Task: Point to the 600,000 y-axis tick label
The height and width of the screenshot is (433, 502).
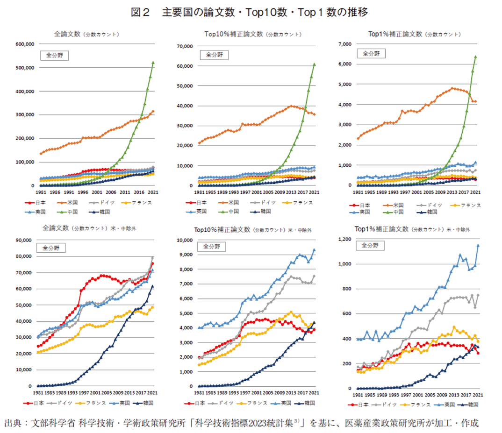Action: pyautogui.click(x=25, y=44)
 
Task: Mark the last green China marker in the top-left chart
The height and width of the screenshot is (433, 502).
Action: pyautogui.click(x=153, y=63)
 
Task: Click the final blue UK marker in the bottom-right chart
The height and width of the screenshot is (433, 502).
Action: pyautogui.click(x=478, y=246)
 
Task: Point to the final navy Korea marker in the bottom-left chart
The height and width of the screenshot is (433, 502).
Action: pyautogui.click(x=152, y=286)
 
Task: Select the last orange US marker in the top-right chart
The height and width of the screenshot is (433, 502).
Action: pyautogui.click(x=475, y=101)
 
